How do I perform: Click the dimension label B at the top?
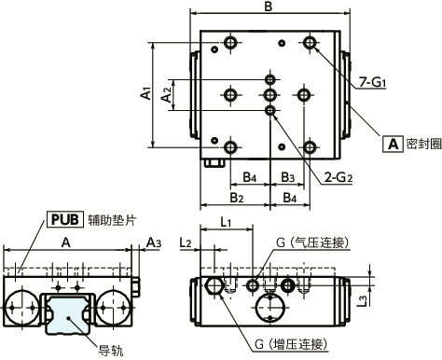[x=268, y=7]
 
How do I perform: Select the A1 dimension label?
[x=145, y=93]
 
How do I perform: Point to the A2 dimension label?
[x=166, y=93]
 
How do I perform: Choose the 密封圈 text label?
[x=420, y=145]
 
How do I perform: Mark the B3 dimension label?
[x=288, y=177]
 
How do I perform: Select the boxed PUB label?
[x=62, y=220]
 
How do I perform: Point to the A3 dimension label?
[x=153, y=242]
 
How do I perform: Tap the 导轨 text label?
[x=111, y=351]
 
